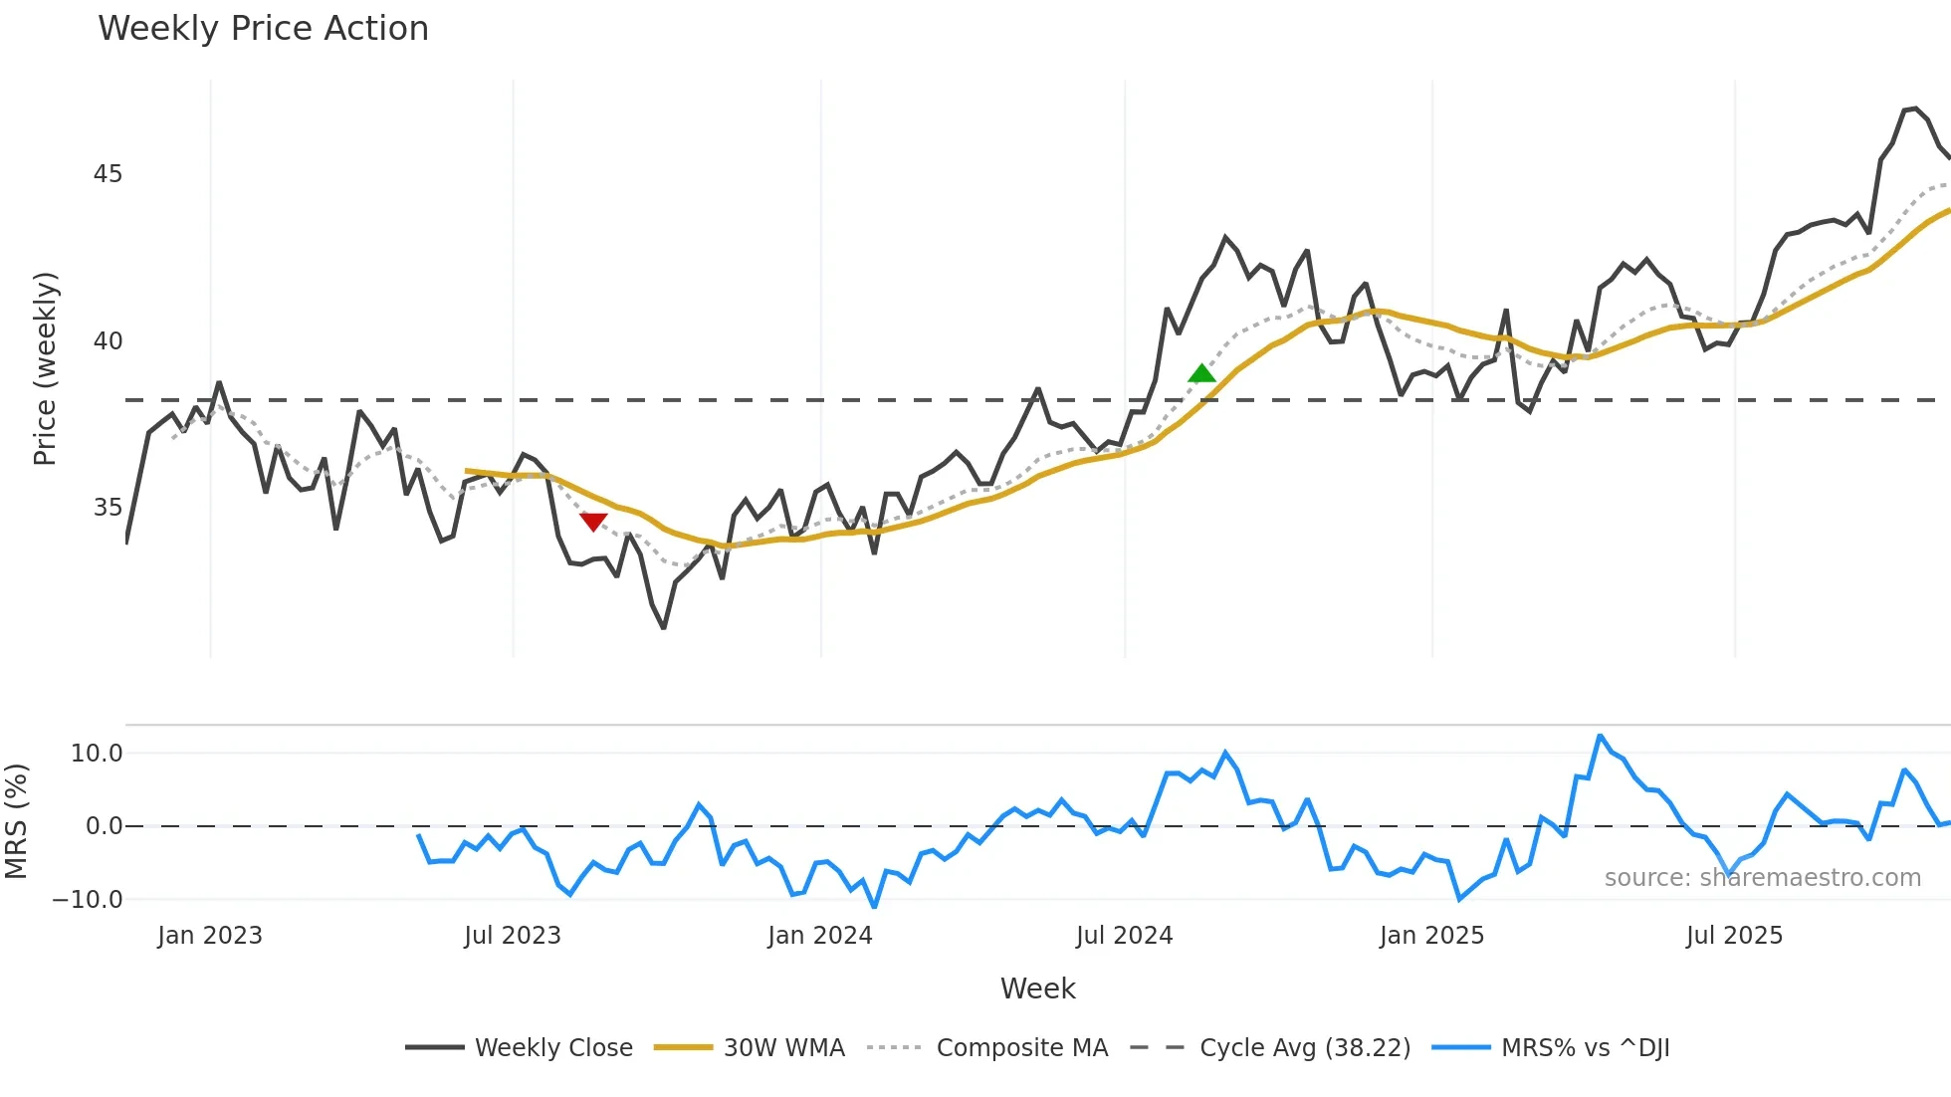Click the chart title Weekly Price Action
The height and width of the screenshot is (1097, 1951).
pyautogui.click(x=263, y=29)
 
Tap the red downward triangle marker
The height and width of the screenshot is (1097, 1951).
pyautogui.click(x=593, y=521)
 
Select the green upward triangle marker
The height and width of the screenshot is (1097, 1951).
pyautogui.click(x=1201, y=374)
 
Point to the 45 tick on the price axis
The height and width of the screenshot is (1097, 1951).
pyautogui.click(x=108, y=174)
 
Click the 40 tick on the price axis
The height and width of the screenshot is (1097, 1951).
pyautogui.click(x=108, y=341)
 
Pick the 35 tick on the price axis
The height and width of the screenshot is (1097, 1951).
pyautogui.click(x=108, y=508)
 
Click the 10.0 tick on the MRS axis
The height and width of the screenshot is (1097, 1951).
pyautogui.click(x=97, y=754)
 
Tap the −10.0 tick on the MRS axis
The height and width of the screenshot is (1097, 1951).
pyautogui.click(x=88, y=900)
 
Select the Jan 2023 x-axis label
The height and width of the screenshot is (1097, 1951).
pyautogui.click(x=210, y=936)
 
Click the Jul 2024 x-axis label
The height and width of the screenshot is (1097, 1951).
pyautogui.click(x=1124, y=936)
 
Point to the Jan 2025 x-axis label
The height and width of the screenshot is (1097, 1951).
pyautogui.click(x=1431, y=936)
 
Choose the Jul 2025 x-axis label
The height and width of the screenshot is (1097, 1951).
pyautogui.click(x=1734, y=936)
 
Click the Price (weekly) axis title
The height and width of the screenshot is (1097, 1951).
pyautogui.click(x=45, y=368)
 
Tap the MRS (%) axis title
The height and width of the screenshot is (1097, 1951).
pyautogui.click(x=16, y=821)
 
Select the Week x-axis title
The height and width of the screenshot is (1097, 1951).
pyautogui.click(x=1037, y=988)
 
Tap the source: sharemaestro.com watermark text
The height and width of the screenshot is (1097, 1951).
pyautogui.click(x=1762, y=878)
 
